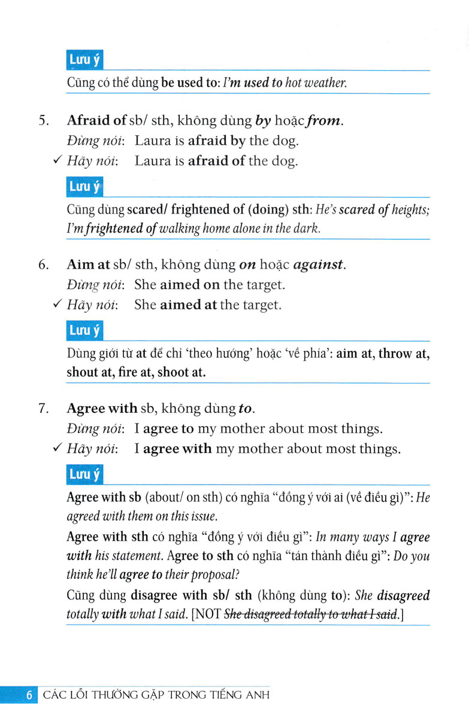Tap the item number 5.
[43, 121]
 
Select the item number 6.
[43, 264]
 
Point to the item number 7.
[43, 409]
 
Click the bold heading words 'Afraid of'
[96, 121]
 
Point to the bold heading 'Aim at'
[87, 264]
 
